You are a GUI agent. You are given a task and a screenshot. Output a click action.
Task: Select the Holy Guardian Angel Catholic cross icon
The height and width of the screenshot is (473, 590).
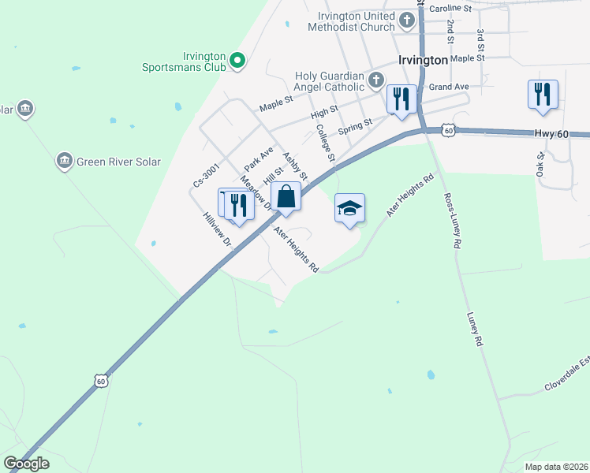click(376, 79)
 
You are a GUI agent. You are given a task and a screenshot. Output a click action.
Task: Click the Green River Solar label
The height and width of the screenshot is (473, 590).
click(118, 162)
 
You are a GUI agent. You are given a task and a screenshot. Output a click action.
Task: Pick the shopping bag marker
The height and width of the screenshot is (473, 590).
click(286, 196)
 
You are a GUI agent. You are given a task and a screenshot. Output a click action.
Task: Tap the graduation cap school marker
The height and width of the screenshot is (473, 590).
click(349, 209)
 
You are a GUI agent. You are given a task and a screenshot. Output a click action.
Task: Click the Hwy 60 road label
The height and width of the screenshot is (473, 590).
click(551, 135)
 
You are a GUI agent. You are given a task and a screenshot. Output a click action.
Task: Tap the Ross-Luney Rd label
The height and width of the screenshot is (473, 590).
click(451, 222)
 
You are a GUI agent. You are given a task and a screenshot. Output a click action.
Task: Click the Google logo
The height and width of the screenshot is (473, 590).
click(27, 464)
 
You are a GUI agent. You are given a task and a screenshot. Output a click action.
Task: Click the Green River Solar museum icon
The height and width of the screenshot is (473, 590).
click(63, 162)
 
